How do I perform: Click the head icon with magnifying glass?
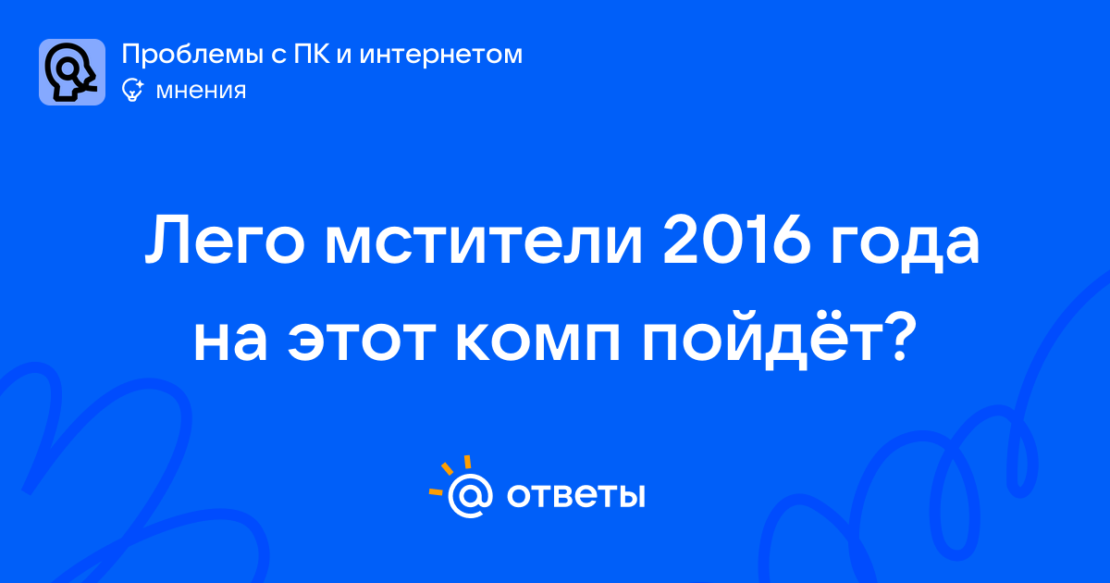tap(72, 72)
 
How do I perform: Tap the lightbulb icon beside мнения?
tap(132, 90)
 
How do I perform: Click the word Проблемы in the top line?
tap(192, 55)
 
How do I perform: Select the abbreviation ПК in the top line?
tap(312, 54)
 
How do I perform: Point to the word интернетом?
tap(441, 55)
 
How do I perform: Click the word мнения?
tap(201, 91)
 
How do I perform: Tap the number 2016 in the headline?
tap(736, 241)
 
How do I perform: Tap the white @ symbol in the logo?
tap(470, 495)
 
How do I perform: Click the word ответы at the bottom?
tap(575, 495)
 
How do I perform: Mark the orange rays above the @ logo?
tap(450, 475)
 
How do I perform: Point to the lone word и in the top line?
tap(345, 55)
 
